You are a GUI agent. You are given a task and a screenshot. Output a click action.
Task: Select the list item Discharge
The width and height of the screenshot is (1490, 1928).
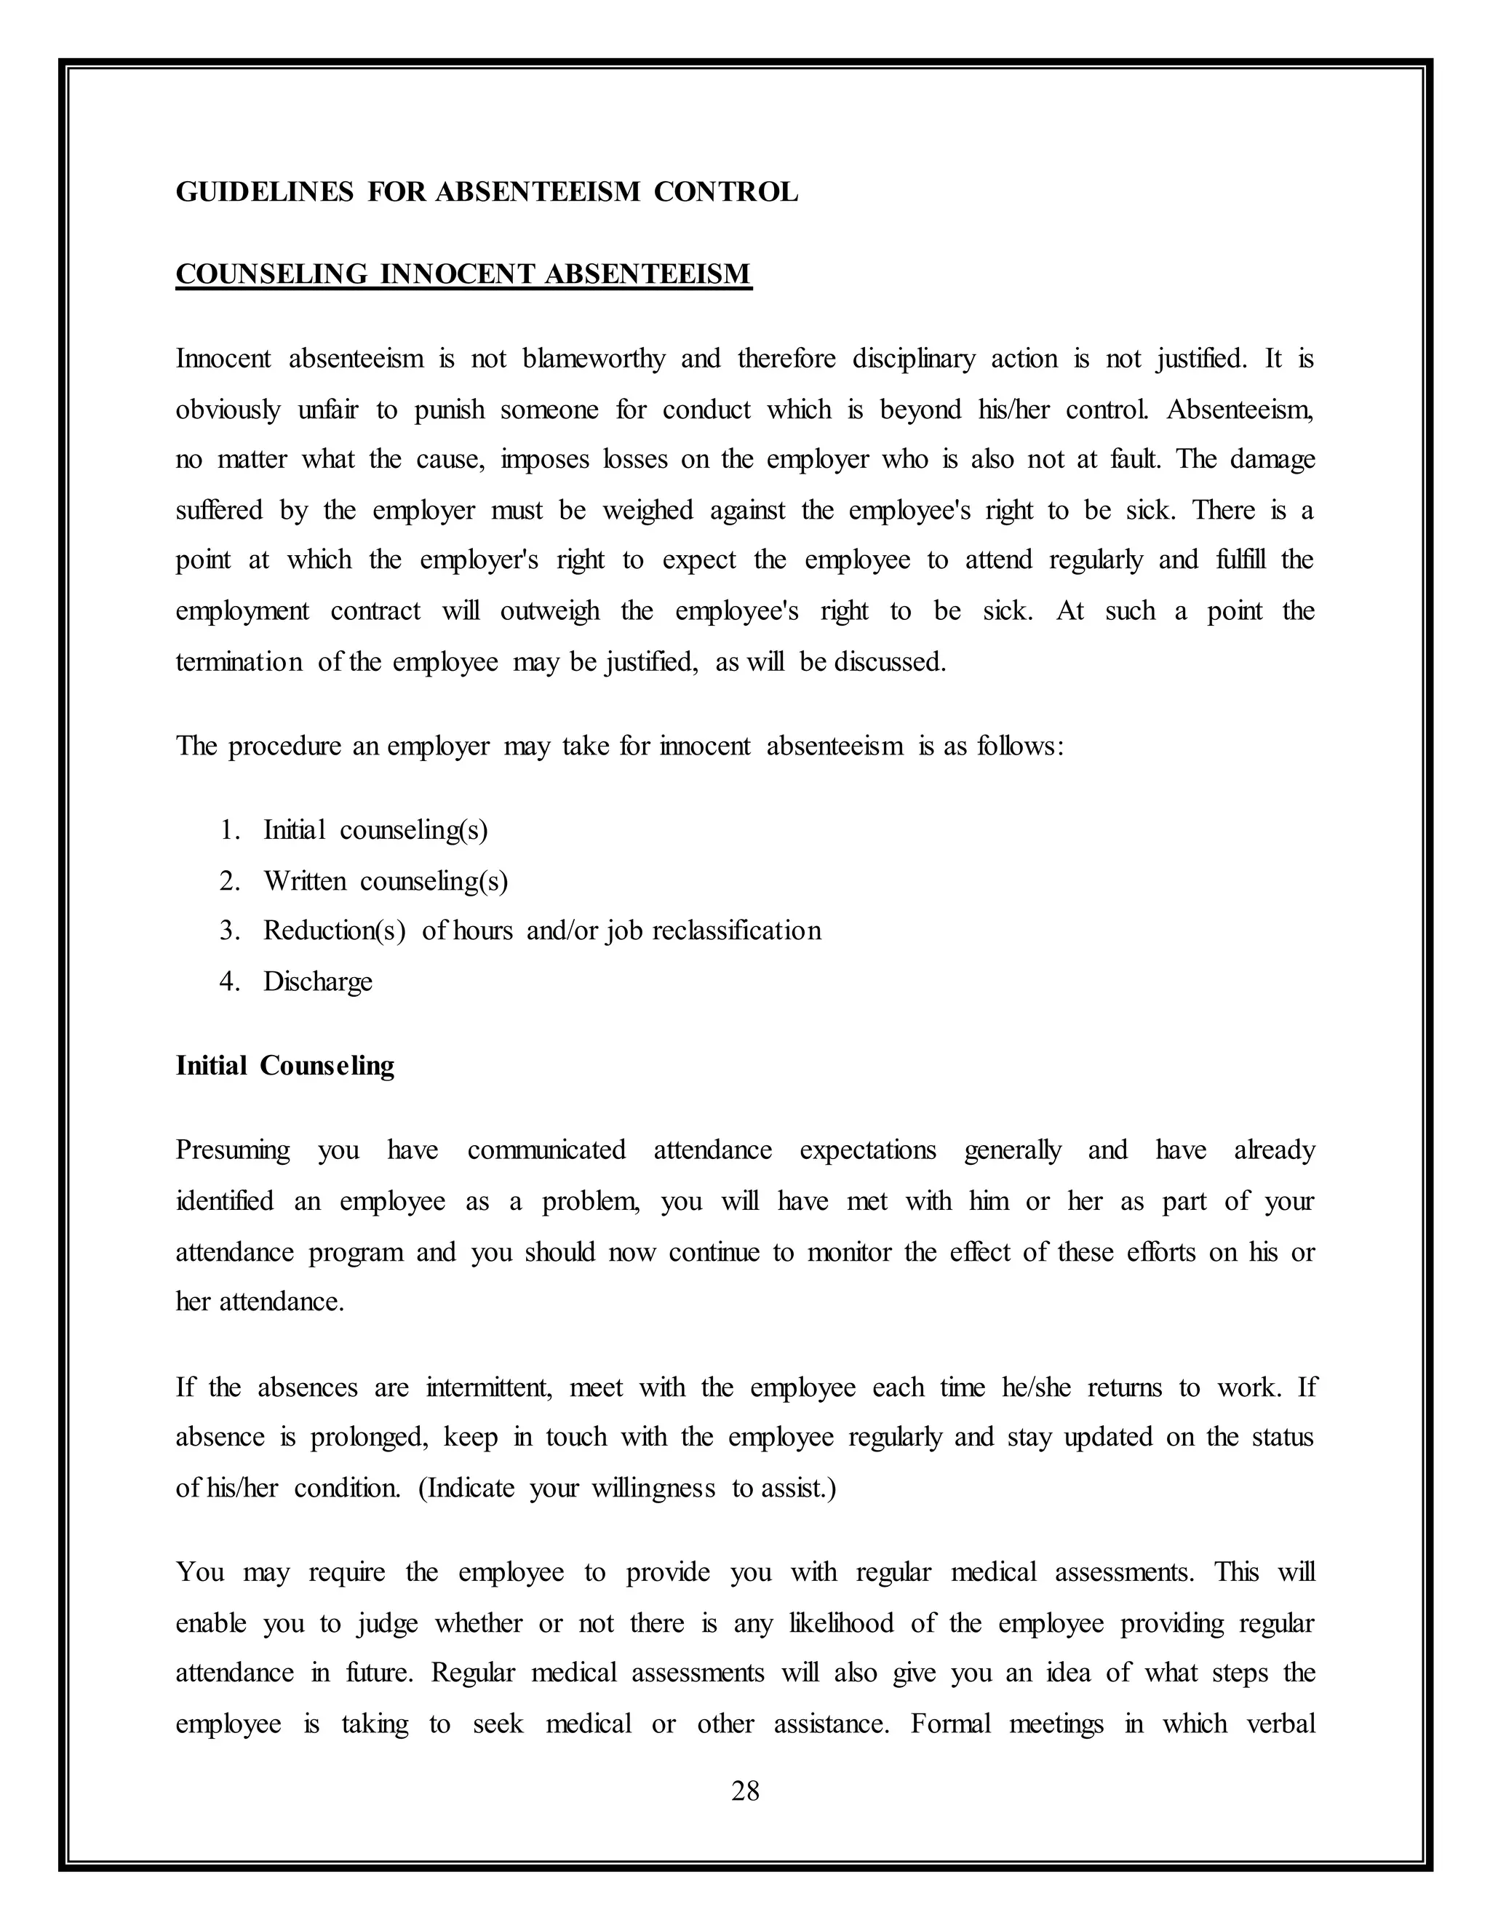tap(318, 981)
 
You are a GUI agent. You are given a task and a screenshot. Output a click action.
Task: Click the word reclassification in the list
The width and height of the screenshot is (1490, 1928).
tap(736, 931)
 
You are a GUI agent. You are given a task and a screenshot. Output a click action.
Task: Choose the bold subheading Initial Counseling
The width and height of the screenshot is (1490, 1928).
tap(284, 1066)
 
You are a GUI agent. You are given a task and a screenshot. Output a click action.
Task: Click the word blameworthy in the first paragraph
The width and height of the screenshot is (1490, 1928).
tap(593, 359)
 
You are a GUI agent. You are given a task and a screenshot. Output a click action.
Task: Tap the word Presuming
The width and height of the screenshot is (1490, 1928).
tap(232, 1150)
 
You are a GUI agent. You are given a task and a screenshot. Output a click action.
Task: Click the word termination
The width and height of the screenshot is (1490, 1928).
tap(239, 662)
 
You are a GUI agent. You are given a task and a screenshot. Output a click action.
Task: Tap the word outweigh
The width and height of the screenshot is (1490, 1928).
tap(549, 611)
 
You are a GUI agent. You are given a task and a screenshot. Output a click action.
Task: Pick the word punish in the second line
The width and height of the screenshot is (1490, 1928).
tap(450, 410)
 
